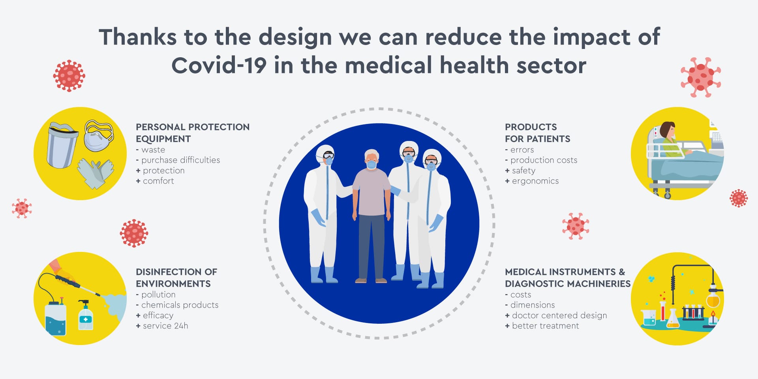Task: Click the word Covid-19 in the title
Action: pyautogui.click(x=219, y=65)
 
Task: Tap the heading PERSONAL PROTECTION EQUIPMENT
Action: pyautogui.click(x=193, y=133)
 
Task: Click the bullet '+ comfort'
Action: pyautogui.click(x=155, y=181)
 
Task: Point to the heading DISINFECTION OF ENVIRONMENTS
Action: pyautogui.click(x=176, y=278)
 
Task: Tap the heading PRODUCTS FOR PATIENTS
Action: pyautogui.click(x=538, y=133)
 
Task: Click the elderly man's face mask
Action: pyautogui.click(x=371, y=164)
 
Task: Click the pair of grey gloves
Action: pyautogui.click(x=95, y=173)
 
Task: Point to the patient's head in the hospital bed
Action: pyautogui.click(x=667, y=130)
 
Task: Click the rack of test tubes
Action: pyautogui.click(x=693, y=312)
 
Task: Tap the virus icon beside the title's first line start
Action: pyautogui.click(x=69, y=76)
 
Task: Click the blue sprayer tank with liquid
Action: pyautogui.click(x=55, y=318)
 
